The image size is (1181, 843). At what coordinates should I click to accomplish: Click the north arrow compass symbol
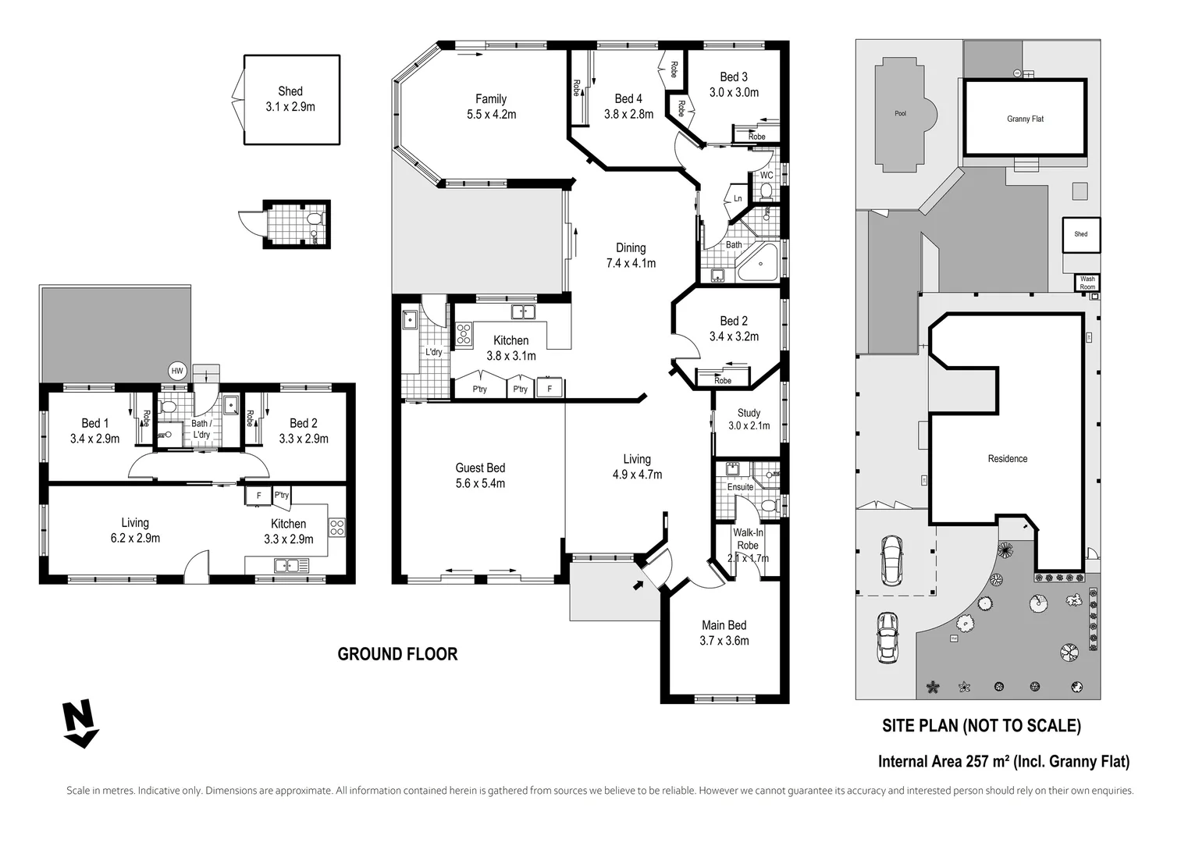click(x=80, y=723)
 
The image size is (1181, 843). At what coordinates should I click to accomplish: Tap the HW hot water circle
click(x=177, y=371)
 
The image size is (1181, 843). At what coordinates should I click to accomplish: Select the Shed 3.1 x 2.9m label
click(x=290, y=99)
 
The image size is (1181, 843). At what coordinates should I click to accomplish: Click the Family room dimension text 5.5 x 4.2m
click(x=492, y=115)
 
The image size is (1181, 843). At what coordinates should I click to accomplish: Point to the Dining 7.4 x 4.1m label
click(x=631, y=255)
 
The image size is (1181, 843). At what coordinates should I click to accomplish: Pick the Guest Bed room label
click(x=480, y=468)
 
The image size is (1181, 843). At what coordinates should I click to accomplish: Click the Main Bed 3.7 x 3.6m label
click(x=724, y=633)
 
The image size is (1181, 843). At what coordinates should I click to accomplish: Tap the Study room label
click(x=749, y=413)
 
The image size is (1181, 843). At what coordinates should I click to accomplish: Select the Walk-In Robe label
click(x=748, y=539)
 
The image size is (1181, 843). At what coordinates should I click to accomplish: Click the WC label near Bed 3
click(x=767, y=175)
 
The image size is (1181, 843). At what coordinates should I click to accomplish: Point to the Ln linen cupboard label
click(x=738, y=198)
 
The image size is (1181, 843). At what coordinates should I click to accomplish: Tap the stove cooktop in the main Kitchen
click(x=464, y=334)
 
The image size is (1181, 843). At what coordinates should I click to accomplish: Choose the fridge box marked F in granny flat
click(x=259, y=496)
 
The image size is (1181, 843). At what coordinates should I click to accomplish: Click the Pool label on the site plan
click(x=901, y=113)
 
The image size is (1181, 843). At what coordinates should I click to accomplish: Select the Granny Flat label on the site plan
click(x=1026, y=119)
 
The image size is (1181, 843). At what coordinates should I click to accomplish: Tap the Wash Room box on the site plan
click(x=1087, y=283)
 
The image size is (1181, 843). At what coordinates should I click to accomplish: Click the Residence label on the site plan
click(x=1008, y=459)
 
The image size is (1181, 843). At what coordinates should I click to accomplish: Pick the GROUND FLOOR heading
click(x=397, y=654)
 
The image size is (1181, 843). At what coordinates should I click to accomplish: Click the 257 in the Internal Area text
click(x=977, y=761)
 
